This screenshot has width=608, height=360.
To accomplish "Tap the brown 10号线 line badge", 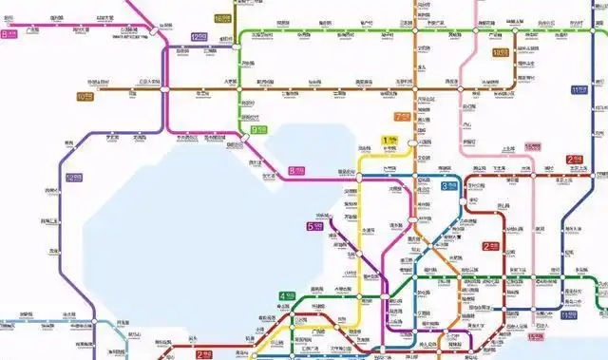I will [85, 96].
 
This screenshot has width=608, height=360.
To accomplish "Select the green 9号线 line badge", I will [257, 129].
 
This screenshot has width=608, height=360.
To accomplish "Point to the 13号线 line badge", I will [500, 53].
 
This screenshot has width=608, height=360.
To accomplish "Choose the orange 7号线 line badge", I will [402, 116].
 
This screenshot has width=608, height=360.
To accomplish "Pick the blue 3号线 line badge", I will [448, 186].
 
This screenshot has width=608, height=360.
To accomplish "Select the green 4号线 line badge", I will [286, 295].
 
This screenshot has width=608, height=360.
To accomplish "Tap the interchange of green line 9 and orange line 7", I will [415, 33].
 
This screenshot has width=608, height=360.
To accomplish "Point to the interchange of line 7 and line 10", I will [415, 90].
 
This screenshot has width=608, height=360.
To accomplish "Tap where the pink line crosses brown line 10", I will [463, 90].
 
